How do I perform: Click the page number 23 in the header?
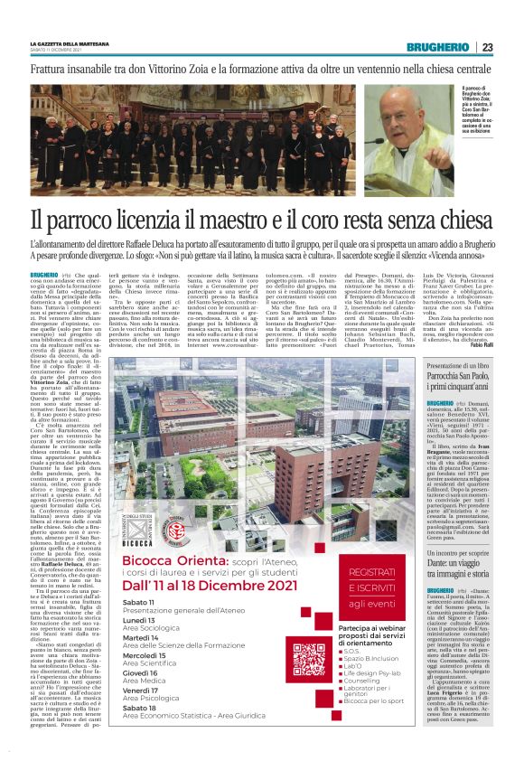point(487,47)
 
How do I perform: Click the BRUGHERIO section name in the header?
point(437,47)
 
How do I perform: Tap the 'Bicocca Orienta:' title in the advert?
point(157,561)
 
